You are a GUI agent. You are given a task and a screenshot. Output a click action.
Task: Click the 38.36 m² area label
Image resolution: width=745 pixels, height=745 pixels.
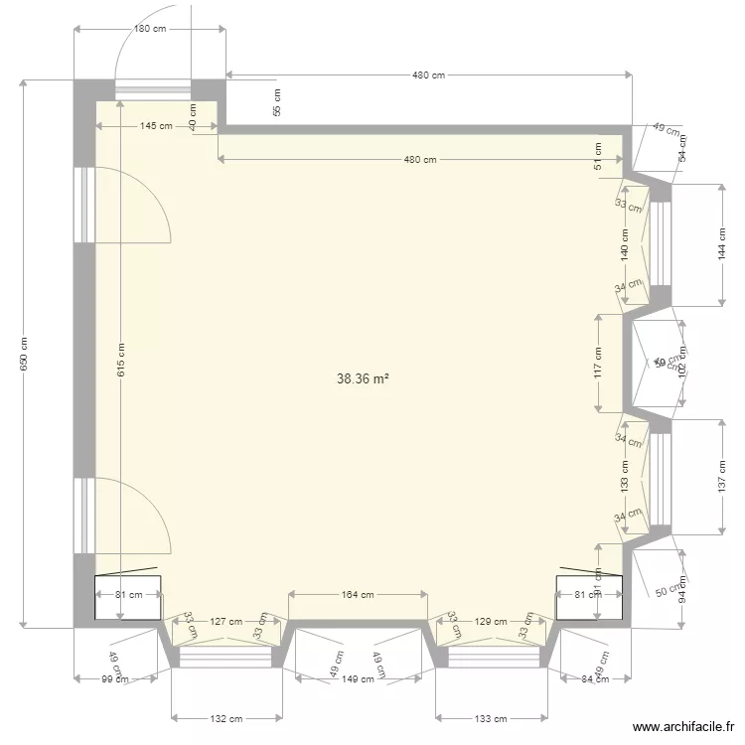[x=363, y=378]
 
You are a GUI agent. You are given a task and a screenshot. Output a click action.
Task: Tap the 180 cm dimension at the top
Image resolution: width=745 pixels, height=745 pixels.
[x=150, y=29]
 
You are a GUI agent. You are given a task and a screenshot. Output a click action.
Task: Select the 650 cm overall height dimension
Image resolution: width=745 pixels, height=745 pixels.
[x=24, y=353]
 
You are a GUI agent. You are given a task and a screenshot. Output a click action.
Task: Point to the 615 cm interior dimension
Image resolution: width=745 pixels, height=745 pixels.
[x=121, y=359]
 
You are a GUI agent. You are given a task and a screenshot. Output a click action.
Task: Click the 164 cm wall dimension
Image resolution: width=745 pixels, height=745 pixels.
[x=358, y=595]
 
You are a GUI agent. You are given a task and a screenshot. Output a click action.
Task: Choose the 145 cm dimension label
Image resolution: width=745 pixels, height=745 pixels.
[x=156, y=126]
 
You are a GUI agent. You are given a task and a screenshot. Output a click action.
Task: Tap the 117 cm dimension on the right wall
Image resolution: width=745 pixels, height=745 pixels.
[x=598, y=363]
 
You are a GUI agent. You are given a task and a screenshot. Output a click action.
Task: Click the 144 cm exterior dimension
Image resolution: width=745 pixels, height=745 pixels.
[x=722, y=244]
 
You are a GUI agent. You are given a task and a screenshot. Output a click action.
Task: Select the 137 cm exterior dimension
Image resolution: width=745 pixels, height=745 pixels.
[x=722, y=477]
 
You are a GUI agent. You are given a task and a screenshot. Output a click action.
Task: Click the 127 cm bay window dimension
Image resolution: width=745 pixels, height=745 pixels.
[x=225, y=622]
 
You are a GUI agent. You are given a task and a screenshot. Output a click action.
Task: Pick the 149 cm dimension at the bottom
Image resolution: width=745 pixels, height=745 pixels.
[x=359, y=679]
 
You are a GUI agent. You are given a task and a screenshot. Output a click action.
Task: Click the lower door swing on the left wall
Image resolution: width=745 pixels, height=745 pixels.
[x=131, y=515]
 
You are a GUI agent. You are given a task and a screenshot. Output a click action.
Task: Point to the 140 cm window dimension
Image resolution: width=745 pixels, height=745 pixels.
[x=625, y=243]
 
